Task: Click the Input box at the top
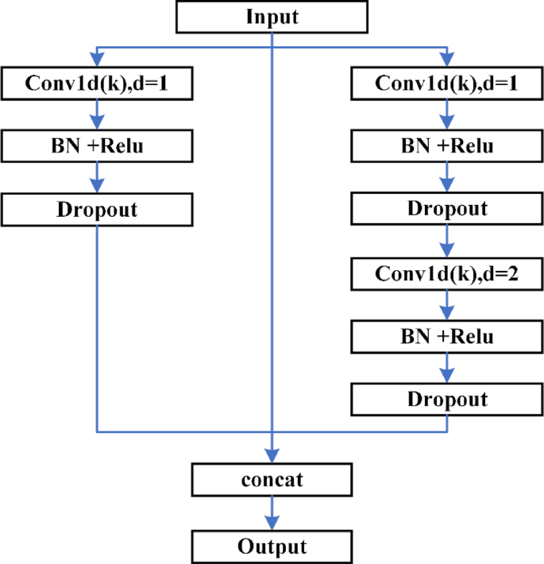click(272, 17)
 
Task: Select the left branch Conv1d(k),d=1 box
click(97, 83)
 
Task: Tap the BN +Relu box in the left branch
click(97, 146)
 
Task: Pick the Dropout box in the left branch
click(97, 210)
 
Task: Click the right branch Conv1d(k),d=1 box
click(446, 83)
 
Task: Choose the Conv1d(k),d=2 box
click(446, 274)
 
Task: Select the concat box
click(272, 481)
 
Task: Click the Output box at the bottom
click(272, 547)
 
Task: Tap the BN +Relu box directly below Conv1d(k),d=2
click(446, 336)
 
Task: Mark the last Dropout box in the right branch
click(446, 399)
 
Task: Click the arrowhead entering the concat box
click(272, 459)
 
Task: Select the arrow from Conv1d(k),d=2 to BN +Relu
click(446, 305)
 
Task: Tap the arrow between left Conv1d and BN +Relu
click(97, 114)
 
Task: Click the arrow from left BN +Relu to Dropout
click(97, 178)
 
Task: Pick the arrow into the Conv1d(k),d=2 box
click(446, 242)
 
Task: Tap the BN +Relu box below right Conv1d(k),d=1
click(446, 146)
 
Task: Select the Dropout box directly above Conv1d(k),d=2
click(446, 210)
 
